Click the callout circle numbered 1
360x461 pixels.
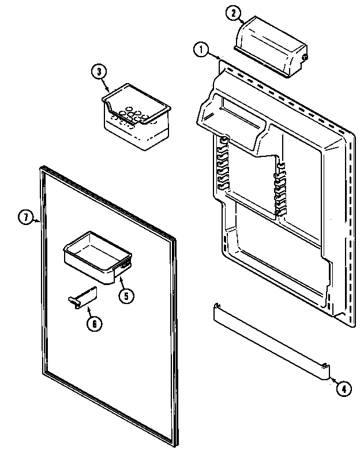[200, 50]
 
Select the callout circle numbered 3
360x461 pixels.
[99, 72]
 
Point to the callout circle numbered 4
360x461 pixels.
[343, 388]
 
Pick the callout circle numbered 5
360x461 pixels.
[126, 295]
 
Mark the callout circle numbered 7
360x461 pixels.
[25, 218]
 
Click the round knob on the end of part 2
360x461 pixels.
[304, 58]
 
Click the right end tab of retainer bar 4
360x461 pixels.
[327, 369]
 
